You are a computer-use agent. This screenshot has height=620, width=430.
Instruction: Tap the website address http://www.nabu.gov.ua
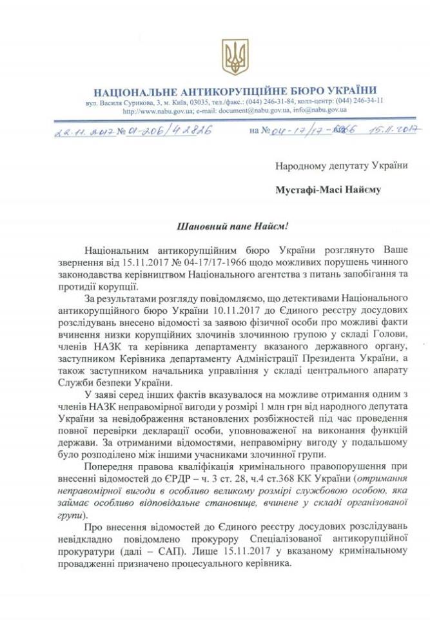coord(156,110)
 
